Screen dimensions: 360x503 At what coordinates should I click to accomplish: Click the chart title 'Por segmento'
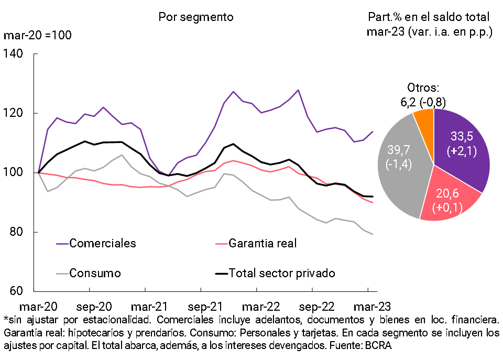(196, 17)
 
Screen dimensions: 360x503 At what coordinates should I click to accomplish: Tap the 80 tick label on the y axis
(17, 232)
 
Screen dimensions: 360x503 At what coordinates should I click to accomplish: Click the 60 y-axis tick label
(17, 291)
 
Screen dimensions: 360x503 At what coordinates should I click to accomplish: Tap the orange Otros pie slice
(424, 118)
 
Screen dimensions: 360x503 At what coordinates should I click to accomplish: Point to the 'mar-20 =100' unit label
(38, 36)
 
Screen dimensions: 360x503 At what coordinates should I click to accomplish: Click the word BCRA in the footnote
(378, 346)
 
